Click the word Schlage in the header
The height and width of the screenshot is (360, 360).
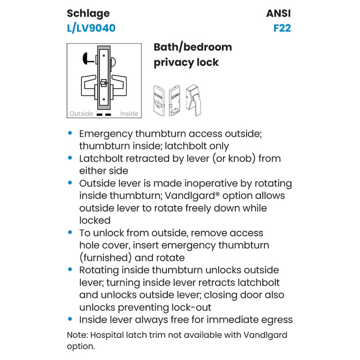click(88, 13)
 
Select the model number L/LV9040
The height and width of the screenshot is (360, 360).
click(91, 28)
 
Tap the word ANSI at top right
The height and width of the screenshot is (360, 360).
click(279, 13)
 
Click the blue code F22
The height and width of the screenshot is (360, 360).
click(282, 28)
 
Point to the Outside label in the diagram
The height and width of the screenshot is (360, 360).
click(81, 113)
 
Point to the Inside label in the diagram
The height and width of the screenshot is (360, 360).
click(129, 113)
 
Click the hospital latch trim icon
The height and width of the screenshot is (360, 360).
click(195, 100)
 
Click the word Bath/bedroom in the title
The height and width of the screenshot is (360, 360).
click(193, 47)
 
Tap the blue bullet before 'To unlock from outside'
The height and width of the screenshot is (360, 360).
click(70, 233)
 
